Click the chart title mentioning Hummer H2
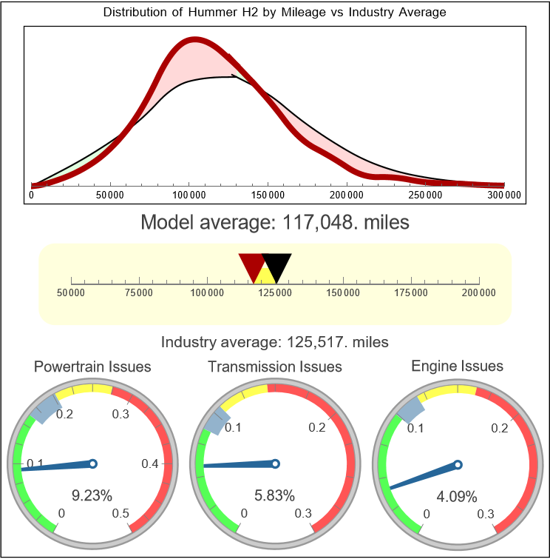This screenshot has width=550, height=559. click(274, 13)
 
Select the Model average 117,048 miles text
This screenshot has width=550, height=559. click(274, 222)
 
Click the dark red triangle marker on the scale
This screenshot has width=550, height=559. click(251, 265)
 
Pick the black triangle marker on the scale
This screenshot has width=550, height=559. click(277, 265)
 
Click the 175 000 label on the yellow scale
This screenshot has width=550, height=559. click(411, 293)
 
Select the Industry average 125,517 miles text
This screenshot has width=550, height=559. click(274, 342)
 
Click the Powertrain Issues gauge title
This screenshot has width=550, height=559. click(92, 366)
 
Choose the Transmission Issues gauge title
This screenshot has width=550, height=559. click(274, 366)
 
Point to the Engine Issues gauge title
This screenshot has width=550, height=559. click(457, 366)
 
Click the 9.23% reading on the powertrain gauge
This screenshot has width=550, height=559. click(92, 495)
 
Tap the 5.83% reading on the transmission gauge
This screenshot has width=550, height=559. click(274, 495)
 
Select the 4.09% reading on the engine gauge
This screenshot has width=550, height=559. click(456, 495)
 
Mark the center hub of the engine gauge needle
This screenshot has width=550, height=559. click(458, 464)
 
